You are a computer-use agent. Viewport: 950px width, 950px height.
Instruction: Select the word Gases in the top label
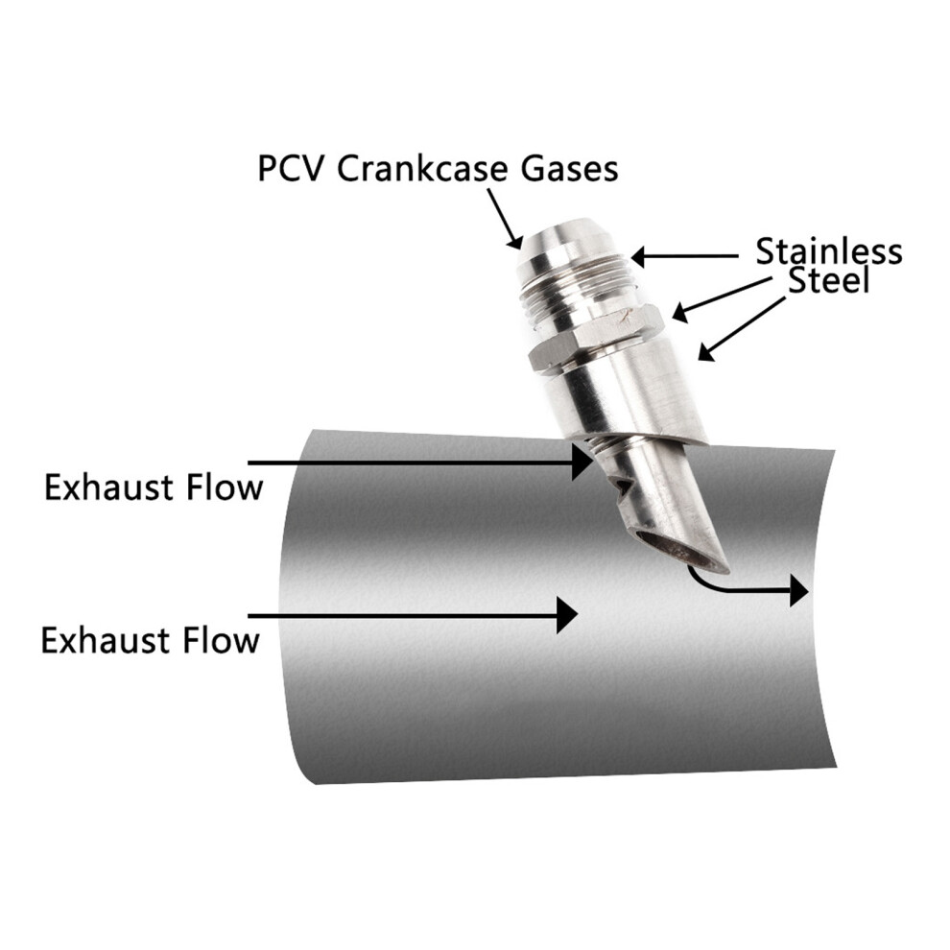(x=570, y=169)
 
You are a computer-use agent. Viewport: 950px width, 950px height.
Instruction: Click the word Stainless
(x=829, y=251)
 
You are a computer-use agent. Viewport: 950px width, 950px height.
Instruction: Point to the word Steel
(x=829, y=280)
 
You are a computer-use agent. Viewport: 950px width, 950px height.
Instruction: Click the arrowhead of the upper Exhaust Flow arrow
(x=582, y=463)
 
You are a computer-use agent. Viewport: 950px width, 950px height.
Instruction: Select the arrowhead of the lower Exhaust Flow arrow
(x=567, y=615)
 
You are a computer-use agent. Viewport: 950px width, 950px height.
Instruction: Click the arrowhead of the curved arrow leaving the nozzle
(x=799, y=591)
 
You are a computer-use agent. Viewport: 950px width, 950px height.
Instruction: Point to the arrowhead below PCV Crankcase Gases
(x=515, y=241)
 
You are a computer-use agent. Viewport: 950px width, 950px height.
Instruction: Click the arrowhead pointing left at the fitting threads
(x=640, y=257)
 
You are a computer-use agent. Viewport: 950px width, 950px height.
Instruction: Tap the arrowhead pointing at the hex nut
(x=681, y=313)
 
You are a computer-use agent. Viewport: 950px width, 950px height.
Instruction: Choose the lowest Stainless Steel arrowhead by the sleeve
(x=707, y=351)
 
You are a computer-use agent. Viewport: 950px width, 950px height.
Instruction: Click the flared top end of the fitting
(x=559, y=239)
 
